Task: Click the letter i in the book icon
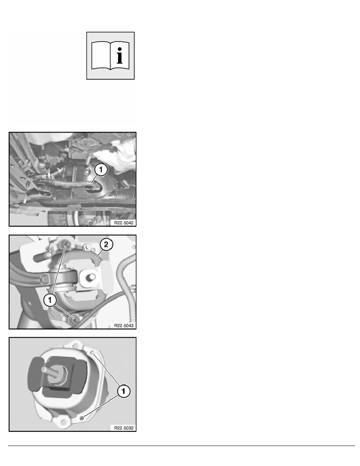[120, 56]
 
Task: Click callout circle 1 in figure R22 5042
[101, 170]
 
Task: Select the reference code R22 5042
[124, 222]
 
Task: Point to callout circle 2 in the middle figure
[106, 245]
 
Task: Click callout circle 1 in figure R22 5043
[50, 300]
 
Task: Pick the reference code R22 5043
[124, 326]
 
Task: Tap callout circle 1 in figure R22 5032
[124, 391]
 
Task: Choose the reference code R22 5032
[124, 428]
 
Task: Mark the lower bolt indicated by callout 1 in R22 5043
[73, 319]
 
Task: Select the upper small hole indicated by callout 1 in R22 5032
[93, 353]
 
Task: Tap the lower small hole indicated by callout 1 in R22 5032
[82, 418]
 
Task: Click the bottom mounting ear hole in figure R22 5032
[63, 422]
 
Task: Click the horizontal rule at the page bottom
[182, 446]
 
